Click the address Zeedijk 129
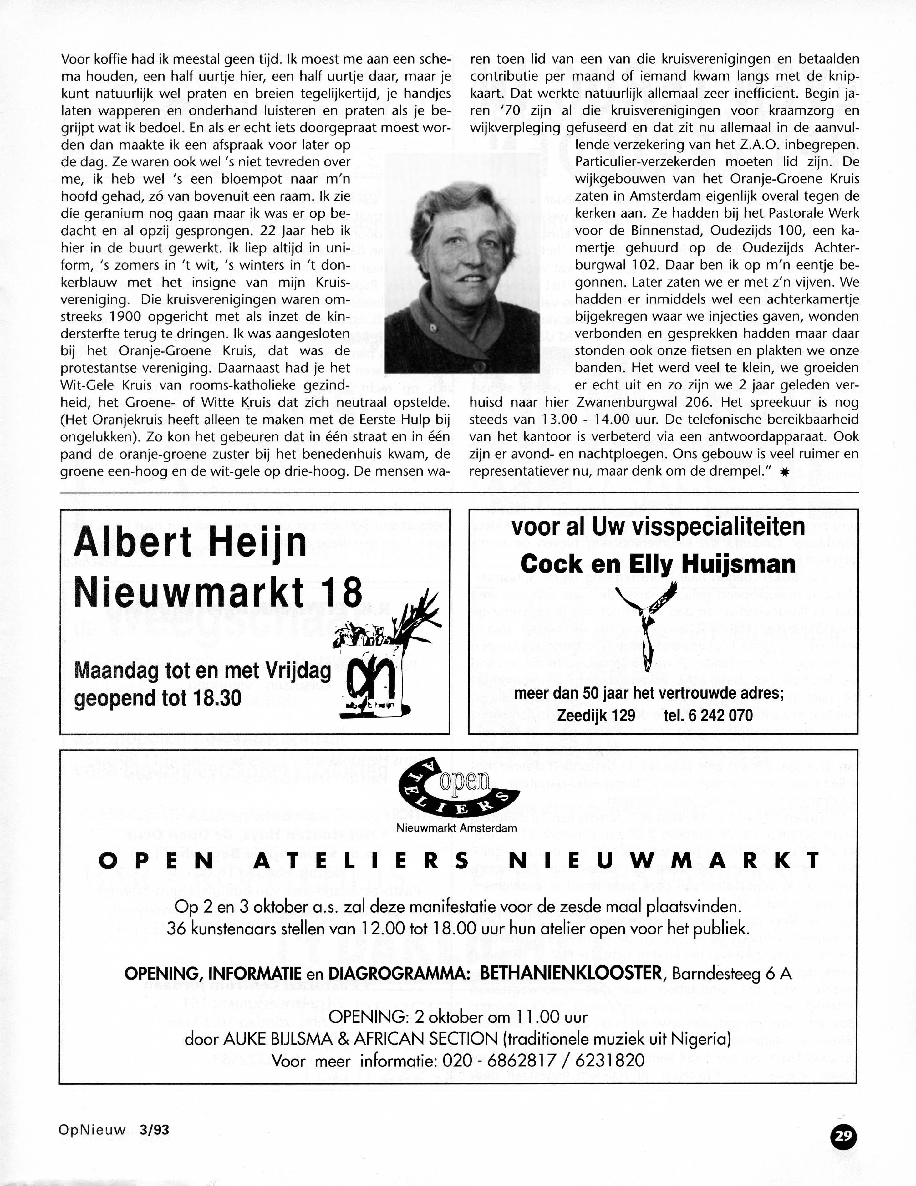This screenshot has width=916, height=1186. pyautogui.click(x=596, y=715)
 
